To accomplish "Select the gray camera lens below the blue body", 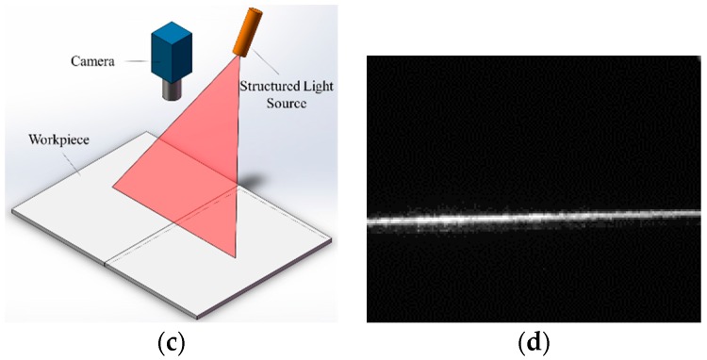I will coord(172,90).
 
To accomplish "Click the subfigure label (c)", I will coord(173,339).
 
